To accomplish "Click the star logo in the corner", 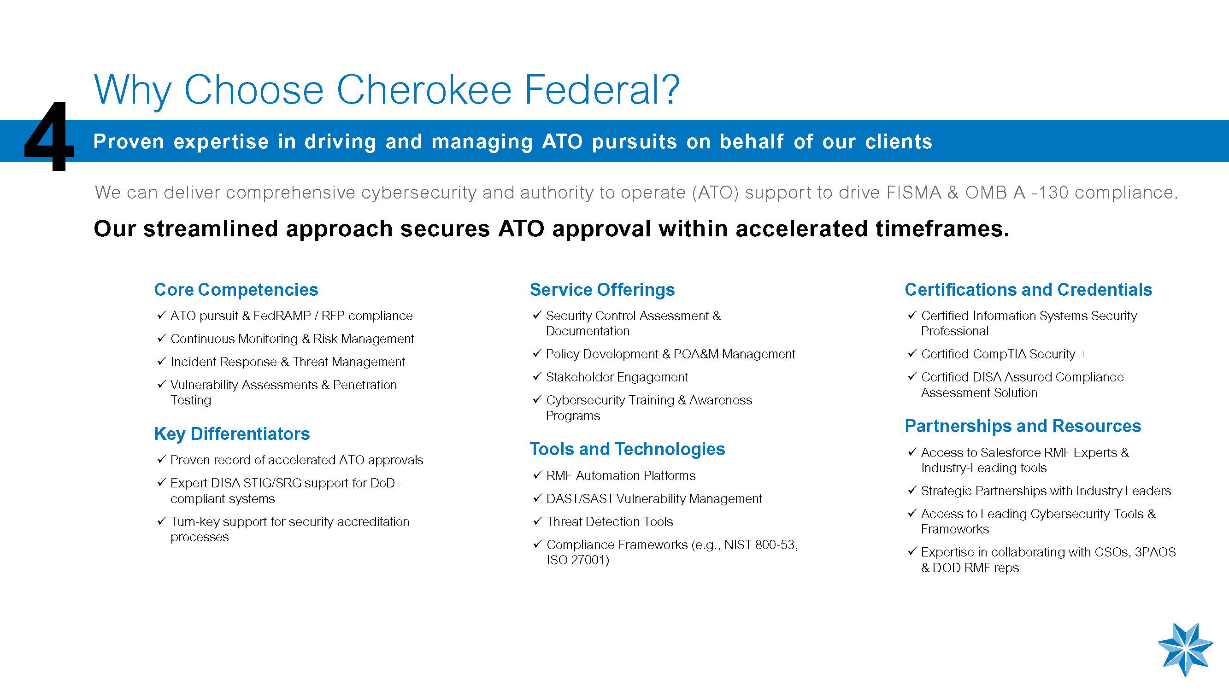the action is point(1186,649).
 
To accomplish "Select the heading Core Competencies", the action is point(236,289).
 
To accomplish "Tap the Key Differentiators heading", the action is point(232,433).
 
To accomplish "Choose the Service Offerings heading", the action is point(602,289).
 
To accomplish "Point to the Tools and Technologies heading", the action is point(627,449).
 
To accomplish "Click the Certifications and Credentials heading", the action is point(1029,289).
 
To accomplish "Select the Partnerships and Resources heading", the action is point(1023,426).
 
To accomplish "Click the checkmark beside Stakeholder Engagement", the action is point(537,376).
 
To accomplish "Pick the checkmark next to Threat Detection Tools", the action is point(537,521).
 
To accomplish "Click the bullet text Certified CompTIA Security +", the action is point(1004,354).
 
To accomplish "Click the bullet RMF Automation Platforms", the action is point(621,475).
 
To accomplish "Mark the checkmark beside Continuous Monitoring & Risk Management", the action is point(162,338).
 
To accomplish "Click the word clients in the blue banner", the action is point(899,141).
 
